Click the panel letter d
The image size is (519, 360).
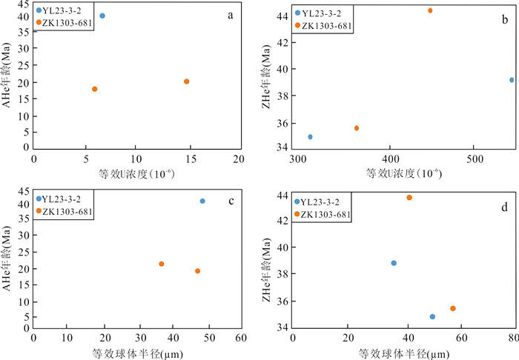click(505, 199)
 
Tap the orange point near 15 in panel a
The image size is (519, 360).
click(187, 81)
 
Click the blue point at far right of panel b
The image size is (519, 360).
click(512, 80)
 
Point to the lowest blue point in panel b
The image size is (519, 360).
click(310, 137)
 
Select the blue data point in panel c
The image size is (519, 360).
click(202, 201)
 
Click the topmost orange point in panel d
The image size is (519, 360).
click(409, 198)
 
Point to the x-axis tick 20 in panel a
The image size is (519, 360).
click(238, 159)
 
